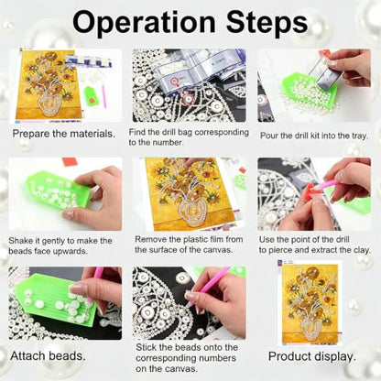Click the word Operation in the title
tap(144, 22)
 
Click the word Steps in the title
tap(267, 22)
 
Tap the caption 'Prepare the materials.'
tap(64, 134)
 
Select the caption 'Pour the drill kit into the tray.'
tap(314, 136)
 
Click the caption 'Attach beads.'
tap(48, 355)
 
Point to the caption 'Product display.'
tap(312, 356)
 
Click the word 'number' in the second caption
tap(167, 143)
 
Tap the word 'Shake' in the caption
tap(20, 241)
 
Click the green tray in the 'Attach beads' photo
tap(55, 300)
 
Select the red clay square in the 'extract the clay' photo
tap(309, 191)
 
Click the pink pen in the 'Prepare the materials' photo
tap(104, 96)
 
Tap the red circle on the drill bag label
tap(175, 81)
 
